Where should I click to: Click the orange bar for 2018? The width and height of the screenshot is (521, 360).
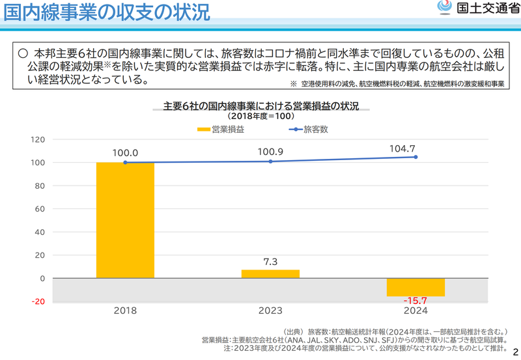125,220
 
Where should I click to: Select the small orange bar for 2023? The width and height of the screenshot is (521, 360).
270,274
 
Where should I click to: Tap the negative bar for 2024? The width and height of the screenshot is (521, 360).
415,287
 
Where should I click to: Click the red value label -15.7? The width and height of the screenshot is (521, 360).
415,301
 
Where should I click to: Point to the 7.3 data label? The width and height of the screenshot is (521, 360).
270,262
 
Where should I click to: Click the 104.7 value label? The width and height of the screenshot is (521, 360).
415,148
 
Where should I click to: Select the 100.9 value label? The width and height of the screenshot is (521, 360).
270,152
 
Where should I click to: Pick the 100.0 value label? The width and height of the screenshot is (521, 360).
125,153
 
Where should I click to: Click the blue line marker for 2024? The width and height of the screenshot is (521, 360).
415,157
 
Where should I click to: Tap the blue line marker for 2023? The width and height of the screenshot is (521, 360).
270,161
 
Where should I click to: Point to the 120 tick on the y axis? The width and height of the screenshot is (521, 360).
37,139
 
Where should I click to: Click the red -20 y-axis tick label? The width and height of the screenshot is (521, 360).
37,301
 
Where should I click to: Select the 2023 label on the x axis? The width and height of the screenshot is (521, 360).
270,311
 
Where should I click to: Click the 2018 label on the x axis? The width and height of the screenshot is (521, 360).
125,311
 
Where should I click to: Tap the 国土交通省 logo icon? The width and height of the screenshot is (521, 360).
444,8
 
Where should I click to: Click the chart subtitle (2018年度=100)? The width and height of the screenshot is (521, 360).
260,116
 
